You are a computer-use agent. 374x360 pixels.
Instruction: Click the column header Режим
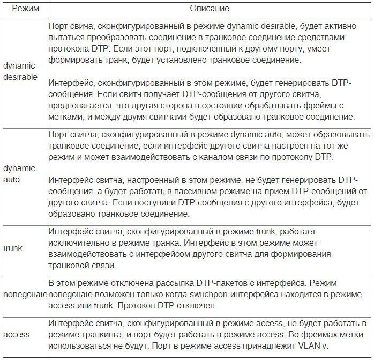click(24, 9)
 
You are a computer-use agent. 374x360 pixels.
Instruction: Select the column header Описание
click(210, 9)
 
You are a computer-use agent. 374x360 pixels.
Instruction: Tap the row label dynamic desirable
click(20, 71)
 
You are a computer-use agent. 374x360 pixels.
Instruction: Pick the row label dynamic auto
click(19, 174)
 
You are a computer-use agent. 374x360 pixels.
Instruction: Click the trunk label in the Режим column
click(13, 248)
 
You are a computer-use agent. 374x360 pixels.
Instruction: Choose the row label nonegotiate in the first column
click(24, 294)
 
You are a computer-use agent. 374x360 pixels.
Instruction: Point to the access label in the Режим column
click(17, 334)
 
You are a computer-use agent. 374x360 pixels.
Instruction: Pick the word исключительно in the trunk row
click(77, 243)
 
